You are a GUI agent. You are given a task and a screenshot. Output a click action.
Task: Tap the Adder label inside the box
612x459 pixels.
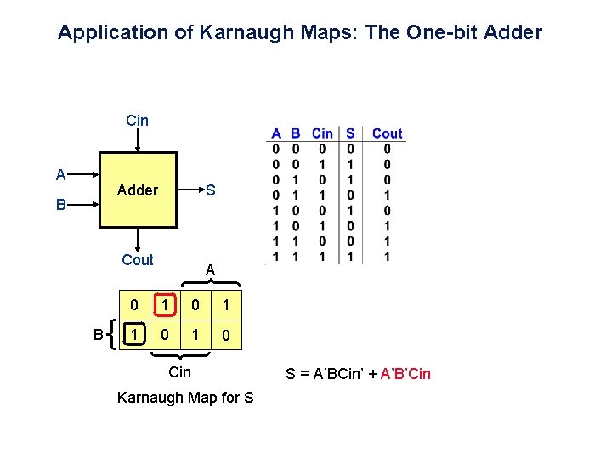pos(138,190)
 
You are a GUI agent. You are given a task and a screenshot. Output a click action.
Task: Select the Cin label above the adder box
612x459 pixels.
pos(137,121)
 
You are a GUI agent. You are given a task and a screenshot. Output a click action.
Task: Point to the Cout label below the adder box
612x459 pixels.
pos(138,260)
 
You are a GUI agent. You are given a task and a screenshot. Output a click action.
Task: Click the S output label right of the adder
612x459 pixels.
pos(211,190)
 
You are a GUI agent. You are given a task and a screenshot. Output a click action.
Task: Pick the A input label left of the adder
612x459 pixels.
pos(60,175)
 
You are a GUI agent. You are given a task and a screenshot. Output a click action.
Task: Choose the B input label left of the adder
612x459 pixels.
pos(60,205)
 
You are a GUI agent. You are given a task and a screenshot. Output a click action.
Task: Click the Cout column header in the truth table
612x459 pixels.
pos(388,133)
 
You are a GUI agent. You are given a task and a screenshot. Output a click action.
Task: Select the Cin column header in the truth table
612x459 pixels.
pos(323,133)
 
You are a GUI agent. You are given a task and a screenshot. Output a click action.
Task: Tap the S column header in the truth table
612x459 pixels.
pos(350,133)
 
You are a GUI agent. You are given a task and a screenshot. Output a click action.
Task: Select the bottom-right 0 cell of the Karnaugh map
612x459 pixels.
pos(225,336)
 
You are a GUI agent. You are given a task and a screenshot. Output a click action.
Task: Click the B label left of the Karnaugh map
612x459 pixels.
pos(99,335)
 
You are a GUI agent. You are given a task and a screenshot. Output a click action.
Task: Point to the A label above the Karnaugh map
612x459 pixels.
pos(210,270)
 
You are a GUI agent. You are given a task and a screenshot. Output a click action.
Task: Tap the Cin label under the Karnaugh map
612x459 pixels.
pos(180,372)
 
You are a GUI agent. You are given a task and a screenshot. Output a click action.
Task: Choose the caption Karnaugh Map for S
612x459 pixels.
pos(185,397)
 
